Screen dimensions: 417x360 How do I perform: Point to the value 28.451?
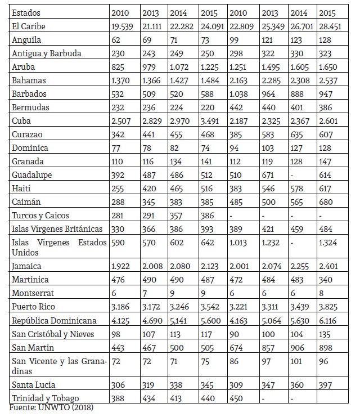331,26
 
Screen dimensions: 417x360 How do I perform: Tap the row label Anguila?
26,40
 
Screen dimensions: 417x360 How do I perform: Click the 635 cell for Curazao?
298,134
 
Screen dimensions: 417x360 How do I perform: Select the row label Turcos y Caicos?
40,216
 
